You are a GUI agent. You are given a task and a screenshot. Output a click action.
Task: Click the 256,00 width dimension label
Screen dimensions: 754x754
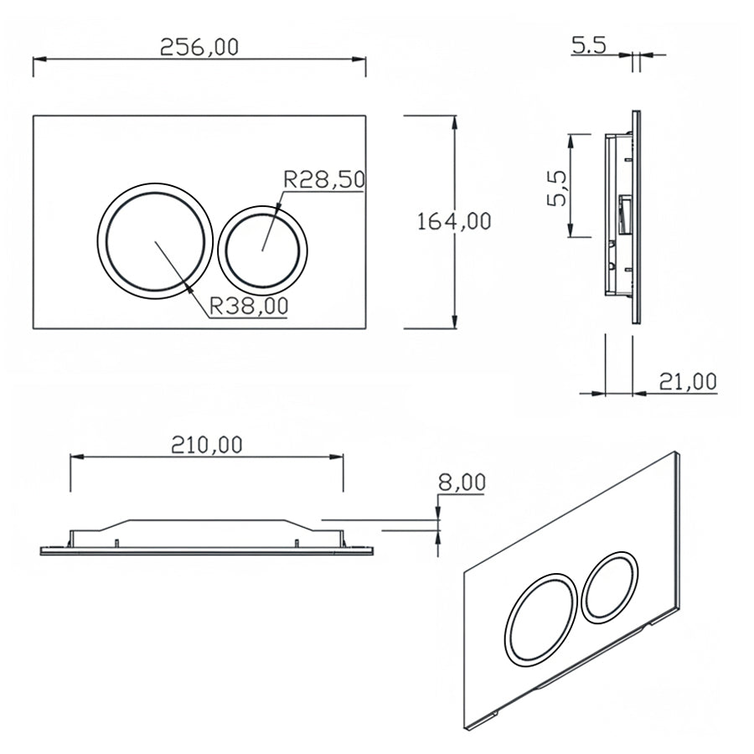[199, 46]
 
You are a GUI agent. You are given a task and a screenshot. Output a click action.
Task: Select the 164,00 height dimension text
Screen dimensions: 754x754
[455, 221]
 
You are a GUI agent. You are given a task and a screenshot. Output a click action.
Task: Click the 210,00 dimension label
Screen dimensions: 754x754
[206, 444]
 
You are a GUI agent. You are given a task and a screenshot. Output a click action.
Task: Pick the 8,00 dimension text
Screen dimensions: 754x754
[462, 482]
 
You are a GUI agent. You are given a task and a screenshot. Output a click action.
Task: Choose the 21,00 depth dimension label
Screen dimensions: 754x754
[687, 382]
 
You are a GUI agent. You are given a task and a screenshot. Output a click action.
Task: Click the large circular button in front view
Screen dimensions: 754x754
[152, 239]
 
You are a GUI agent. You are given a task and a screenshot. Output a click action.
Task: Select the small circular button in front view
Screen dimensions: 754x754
[262, 249]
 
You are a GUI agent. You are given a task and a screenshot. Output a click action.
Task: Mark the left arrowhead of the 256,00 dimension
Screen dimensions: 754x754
[38, 59]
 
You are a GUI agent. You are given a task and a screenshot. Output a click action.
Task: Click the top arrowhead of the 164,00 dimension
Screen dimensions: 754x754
[455, 121]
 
